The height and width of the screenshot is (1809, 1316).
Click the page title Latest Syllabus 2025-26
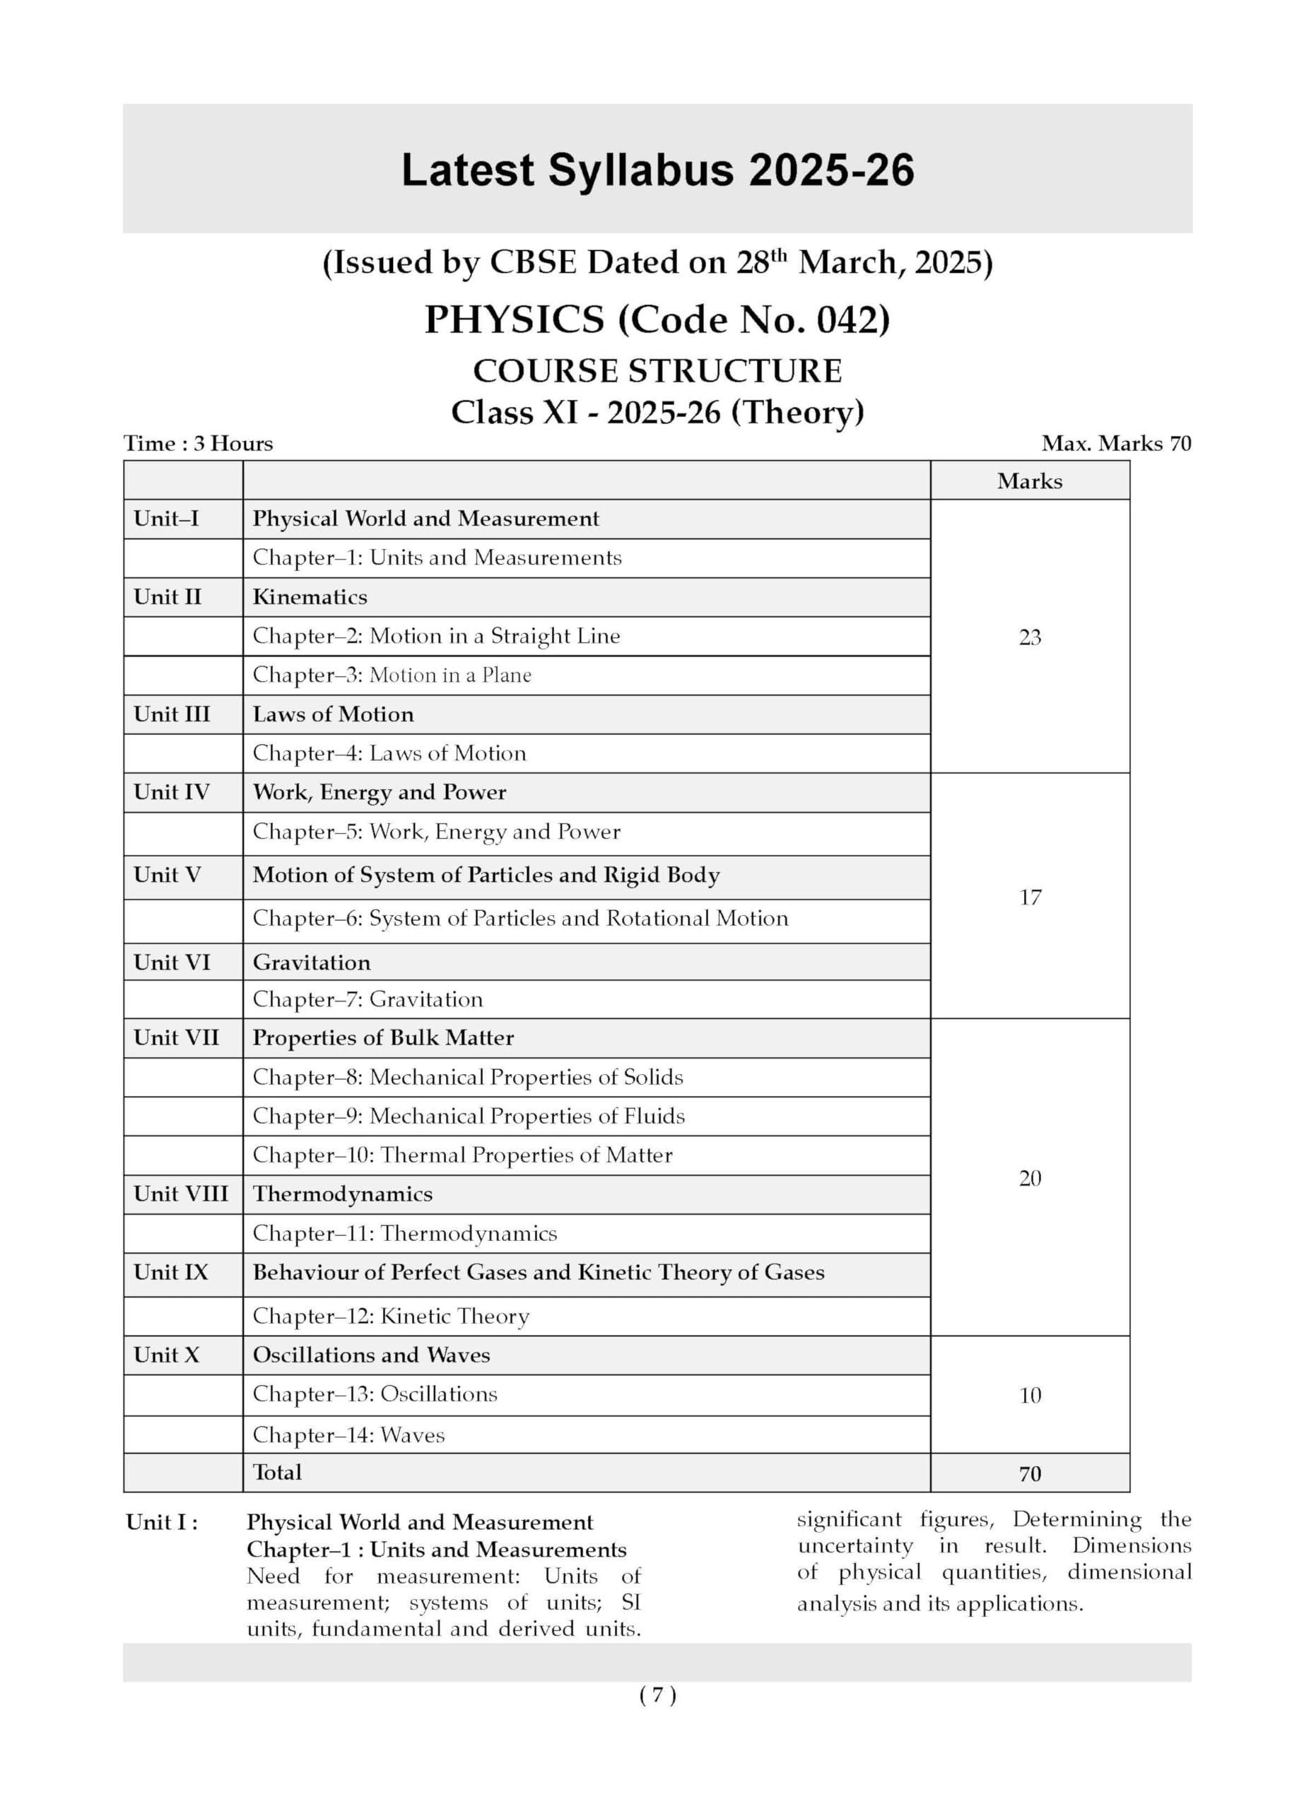point(657,171)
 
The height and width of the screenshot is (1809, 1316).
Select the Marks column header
point(1029,481)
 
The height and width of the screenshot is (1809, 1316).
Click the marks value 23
point(1030,637)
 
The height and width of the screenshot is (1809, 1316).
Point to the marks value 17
point(1030,897)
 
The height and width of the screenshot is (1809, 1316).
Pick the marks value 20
point(1030,1178)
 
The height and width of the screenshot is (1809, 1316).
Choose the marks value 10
point(1030,1395)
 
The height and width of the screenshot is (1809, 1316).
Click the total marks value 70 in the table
point(1030,1473)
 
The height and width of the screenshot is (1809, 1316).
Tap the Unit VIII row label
point(180,1194)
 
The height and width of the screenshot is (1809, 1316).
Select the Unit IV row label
point(172,792)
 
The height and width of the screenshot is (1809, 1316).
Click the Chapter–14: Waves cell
point(348,1435)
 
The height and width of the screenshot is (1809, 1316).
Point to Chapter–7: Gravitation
point(368,999)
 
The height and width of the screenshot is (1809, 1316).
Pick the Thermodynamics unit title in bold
point(342,1194)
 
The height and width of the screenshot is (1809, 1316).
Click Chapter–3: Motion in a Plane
point(392,675)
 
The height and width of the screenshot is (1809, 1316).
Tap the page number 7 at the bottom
point(657,1696)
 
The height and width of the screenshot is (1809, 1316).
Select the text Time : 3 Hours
point(198,444)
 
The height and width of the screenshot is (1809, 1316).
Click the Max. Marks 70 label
point(1116,444)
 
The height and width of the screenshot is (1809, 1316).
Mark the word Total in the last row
point(277,1473)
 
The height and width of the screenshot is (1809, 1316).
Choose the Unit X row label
point(166,1355)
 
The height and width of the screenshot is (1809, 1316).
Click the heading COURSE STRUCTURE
point(657,371)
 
